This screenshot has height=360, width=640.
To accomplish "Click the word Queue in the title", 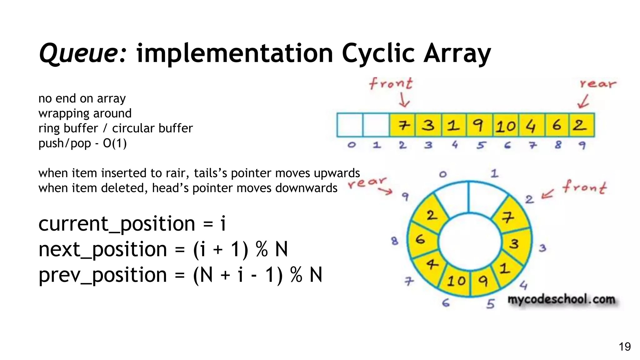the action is pos(82,53).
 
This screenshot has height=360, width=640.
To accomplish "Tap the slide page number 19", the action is pos(625,347).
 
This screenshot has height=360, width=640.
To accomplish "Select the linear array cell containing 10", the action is pos(506,125).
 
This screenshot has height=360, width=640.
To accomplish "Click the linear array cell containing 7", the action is pos(403,125).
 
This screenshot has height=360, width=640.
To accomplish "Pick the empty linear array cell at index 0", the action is pos(350,125).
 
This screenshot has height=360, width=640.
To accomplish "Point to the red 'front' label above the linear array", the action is pos(391,83).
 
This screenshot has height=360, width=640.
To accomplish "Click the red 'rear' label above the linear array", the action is pos(597,84).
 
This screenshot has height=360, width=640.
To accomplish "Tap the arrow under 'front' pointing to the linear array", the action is pos(404,101).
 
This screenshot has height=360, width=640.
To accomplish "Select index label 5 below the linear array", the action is pos(481,145).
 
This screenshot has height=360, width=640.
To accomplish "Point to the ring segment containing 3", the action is pos(515,243).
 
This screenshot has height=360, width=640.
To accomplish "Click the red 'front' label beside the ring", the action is pos(584,187).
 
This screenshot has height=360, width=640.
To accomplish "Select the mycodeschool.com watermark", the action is pos(561,299).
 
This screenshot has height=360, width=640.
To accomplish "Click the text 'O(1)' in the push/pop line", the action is pos(115,143).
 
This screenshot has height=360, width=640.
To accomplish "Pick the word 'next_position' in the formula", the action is pos(102,249).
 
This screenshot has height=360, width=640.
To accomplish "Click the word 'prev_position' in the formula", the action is pos(102,275).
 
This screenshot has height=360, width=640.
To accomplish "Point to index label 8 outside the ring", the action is pos(395,241).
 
